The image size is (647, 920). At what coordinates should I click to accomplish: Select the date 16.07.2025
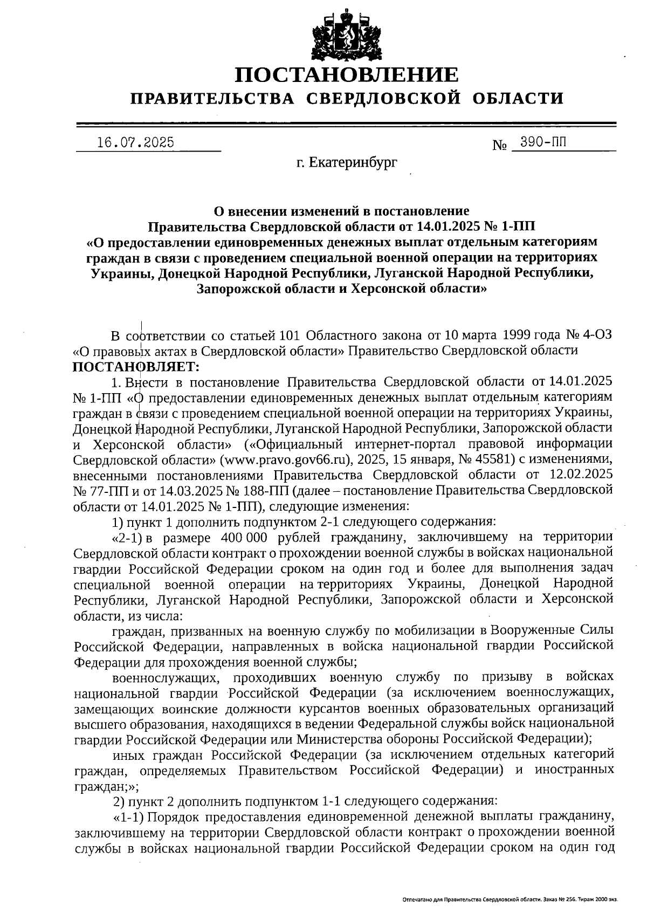(x=136, y=142)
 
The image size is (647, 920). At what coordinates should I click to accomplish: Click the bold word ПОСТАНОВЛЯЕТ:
(x=136, y=367)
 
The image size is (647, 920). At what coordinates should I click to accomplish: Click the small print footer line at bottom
(x=510, y=900)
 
